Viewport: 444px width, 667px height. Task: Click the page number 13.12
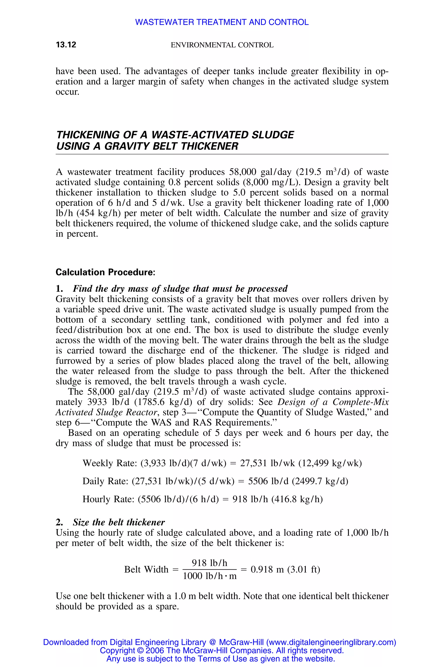[66, 45]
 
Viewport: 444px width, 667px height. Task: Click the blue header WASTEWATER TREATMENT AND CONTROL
[222, 22]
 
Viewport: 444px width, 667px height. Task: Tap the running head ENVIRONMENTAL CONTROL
[222, 45]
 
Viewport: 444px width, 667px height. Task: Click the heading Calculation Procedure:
[105, 272]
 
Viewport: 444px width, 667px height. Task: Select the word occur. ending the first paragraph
[67, 92]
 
